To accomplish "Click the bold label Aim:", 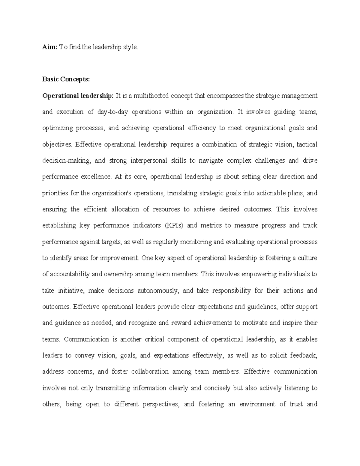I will tap(49, 47).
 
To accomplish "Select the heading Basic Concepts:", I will tap(66, 80).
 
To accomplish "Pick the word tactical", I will tap(307, 145).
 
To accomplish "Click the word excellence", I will tap(96, 177).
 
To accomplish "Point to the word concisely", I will tap(217, 388).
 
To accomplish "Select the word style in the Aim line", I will tap(131, 47).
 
